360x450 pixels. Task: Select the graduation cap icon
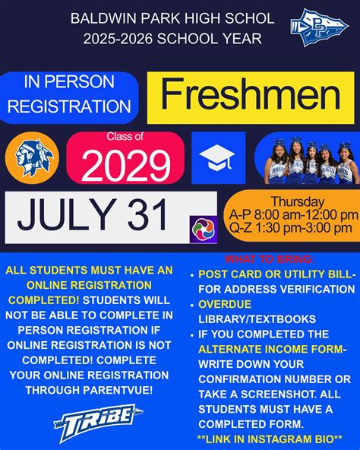pos(218,158)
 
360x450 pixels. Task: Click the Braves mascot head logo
pos(33,158)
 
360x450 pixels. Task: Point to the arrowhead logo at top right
pos(319,27)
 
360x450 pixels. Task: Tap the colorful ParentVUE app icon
pos(203,229)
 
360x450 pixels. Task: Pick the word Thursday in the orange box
pos(297,202)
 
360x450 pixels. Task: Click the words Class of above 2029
pos(125,137)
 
